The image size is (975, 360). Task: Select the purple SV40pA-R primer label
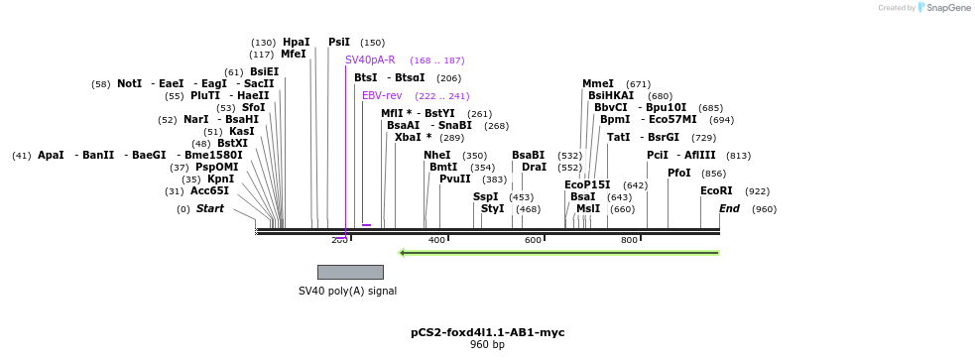(370, 60)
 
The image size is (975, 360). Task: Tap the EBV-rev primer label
(382, 96)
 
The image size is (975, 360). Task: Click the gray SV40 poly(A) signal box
(350, 273)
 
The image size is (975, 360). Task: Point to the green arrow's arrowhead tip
(399, 253)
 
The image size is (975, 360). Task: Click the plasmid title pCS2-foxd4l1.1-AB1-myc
(488, 332)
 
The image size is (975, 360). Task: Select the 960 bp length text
(488, 344)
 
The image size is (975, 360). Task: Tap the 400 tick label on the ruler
(437, 241)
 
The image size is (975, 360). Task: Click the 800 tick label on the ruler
(629, 241)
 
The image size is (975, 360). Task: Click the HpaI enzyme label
(296, 42)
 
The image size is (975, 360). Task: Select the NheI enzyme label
(437, 155)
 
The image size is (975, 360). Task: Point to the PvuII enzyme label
(455, 179)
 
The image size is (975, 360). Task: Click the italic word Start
(210, 208)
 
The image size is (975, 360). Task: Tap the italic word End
(729, 208)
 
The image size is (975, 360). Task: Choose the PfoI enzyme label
(679, 173)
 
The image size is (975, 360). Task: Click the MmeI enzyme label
(598, 83)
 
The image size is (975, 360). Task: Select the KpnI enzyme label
(221, 179)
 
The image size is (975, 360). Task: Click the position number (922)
(758, 191)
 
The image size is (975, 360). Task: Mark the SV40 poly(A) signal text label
(347, 291)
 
